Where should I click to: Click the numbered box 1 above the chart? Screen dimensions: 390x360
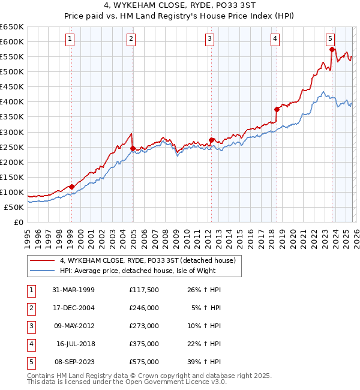(70, 39)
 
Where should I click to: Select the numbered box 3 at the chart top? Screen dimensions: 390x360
(209, 39)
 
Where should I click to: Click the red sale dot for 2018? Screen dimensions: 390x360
(277, 109)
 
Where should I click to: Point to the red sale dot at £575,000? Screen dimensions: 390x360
(332, 49)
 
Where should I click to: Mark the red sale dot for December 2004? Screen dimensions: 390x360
(133, 148)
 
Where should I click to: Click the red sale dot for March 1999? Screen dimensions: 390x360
(71, 187)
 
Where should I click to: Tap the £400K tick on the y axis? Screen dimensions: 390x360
(12, 101)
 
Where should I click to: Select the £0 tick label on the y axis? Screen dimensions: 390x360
(17, 222)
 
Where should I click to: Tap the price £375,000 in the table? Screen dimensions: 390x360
(144, 344)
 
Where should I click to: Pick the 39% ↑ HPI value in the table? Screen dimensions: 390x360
(208, 362)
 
